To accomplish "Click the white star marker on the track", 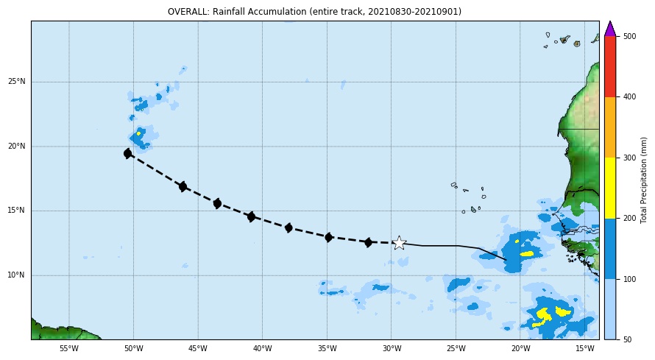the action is (400, 243).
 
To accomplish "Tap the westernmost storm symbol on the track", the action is (128, 153).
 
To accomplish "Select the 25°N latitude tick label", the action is (17, 82).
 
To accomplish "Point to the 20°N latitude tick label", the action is (17, 147).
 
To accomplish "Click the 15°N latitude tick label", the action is (17, 211).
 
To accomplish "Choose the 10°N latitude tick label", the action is (17, 275).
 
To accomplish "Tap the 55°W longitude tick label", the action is (69, 348).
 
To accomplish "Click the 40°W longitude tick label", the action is (262, 348).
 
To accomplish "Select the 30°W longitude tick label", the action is (392, 348).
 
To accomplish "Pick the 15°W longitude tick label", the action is (585, 348).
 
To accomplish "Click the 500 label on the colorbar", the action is (629, 36).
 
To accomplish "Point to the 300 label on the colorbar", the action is (629, 158).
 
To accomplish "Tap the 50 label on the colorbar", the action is (628, 339).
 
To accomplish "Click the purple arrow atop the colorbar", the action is (610, 29).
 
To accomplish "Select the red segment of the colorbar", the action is (610, 67).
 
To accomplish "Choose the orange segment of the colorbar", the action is (610, 127).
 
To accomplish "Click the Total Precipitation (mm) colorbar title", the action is (643, 180).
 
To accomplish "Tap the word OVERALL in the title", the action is (188, 12).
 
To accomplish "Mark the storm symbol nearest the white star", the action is (368, 242).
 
